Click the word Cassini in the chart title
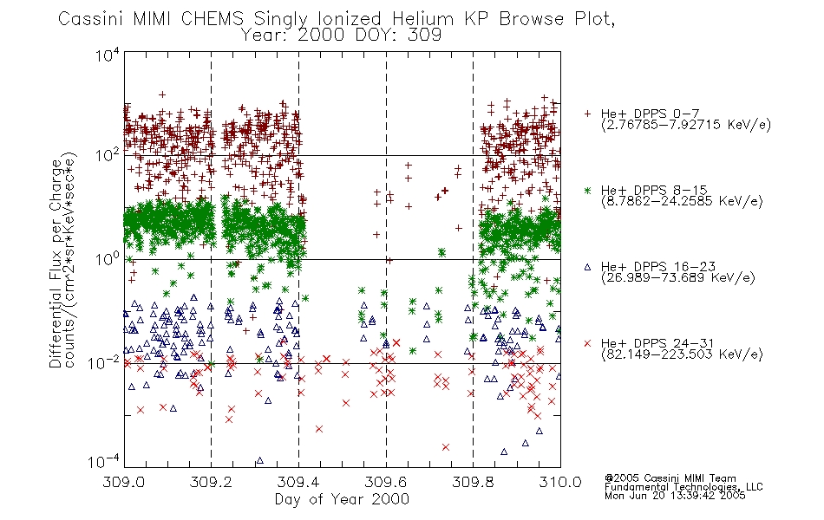pos(90,19)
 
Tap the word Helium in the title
pos(423,19)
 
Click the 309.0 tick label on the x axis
pos(124,482)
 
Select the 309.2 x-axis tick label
pos(212,482)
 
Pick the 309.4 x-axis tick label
pos(298,482)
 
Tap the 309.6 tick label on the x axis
pos(386,482)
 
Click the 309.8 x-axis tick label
pos(473,482)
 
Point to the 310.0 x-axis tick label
pos(560,482)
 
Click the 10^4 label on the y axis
pos(108,55)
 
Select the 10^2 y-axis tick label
pos(108,155)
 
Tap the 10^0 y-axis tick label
pos(108,259)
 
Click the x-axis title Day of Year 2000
pos(342,499)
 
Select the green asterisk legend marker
pos(587,190)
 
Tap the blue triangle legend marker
pos(587,267)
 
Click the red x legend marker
pos(587,343)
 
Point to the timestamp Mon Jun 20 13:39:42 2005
pos(675,496)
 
